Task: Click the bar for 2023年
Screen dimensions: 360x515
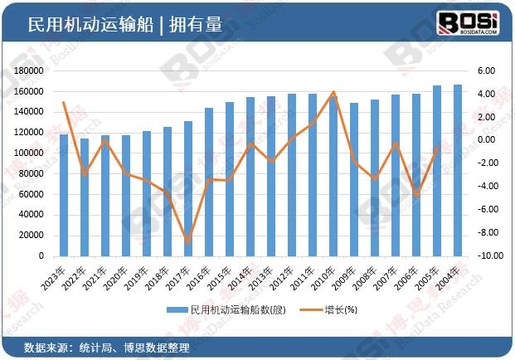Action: click(x=64, y=195)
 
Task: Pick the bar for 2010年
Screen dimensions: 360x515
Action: click(x=333, y=175)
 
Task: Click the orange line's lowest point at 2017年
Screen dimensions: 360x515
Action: click(x=188, y=241)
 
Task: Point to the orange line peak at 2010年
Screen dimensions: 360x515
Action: click(x=333, y=92)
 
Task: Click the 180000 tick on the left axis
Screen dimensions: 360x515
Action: click(x=29, y=71)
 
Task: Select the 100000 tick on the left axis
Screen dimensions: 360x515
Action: click(x=29, y=153)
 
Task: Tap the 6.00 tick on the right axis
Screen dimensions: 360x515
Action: click(x=486, y=71)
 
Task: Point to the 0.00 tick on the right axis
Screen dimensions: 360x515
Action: click(x=486, y=139)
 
